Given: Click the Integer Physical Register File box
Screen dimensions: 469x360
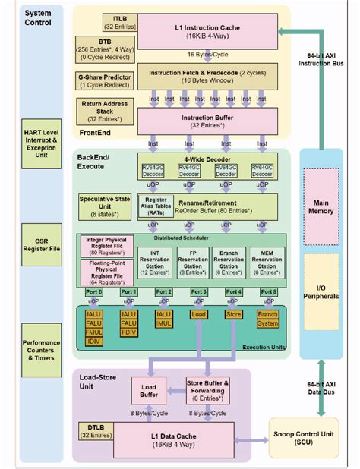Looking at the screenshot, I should [106, 245].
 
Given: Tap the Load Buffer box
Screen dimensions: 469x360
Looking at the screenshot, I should [149, 391].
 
